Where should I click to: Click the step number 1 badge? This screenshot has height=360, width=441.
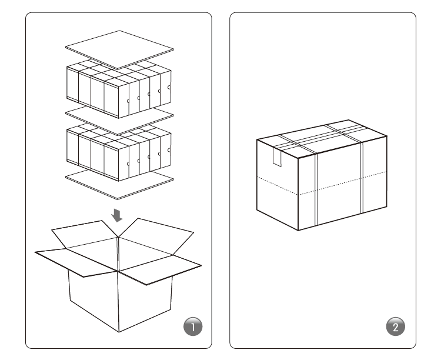[193, 326]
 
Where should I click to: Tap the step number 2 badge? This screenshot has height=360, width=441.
[396, 326]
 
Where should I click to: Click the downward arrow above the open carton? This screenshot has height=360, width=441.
[117, 215]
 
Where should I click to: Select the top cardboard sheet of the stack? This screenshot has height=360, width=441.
[119, 49]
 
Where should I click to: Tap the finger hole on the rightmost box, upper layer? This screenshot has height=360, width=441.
[169, 87]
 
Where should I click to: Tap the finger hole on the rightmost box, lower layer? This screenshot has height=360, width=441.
[169, 151]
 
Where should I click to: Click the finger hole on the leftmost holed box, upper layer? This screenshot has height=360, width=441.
[128, 101]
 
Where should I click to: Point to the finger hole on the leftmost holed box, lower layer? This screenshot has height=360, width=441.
[128, 164]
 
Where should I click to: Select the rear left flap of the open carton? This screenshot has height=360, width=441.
[84, 234]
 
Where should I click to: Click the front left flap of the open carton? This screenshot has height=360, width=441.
[76, 262]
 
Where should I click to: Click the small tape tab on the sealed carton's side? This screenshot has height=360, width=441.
[277, 157]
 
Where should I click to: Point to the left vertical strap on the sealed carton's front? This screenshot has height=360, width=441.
[316, 189]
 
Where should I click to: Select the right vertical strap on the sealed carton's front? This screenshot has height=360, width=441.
[362, 178]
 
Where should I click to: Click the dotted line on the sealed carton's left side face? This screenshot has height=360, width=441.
[278, 185]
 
